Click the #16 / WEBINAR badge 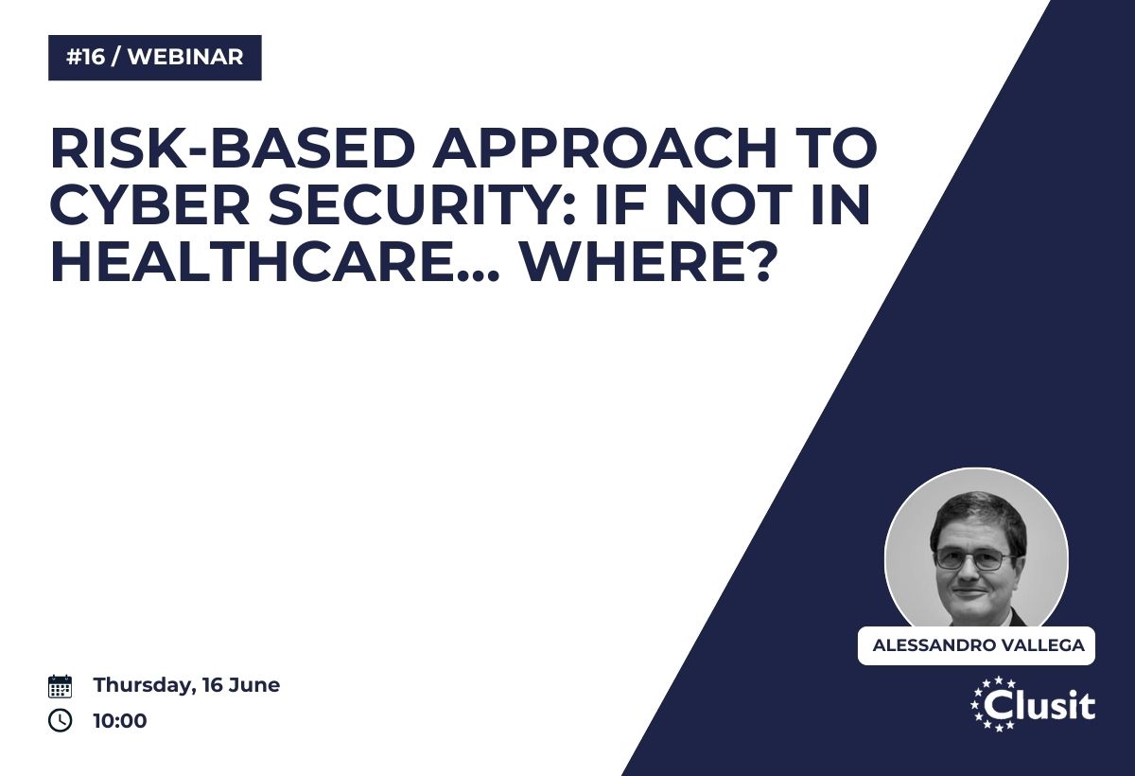click(x=155, y=58)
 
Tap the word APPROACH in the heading click(x=604, y=148)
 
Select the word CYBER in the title click(x=150, y=205)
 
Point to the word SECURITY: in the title click(x=423, y=205)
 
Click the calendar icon click(x=60, y=686)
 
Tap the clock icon click(x=60, y=720)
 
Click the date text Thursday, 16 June click(x=186, y=685)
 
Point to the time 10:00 click(x=120, y=721)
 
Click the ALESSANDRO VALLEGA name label click(x=976, y=645)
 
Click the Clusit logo click(x=1033, y=704)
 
